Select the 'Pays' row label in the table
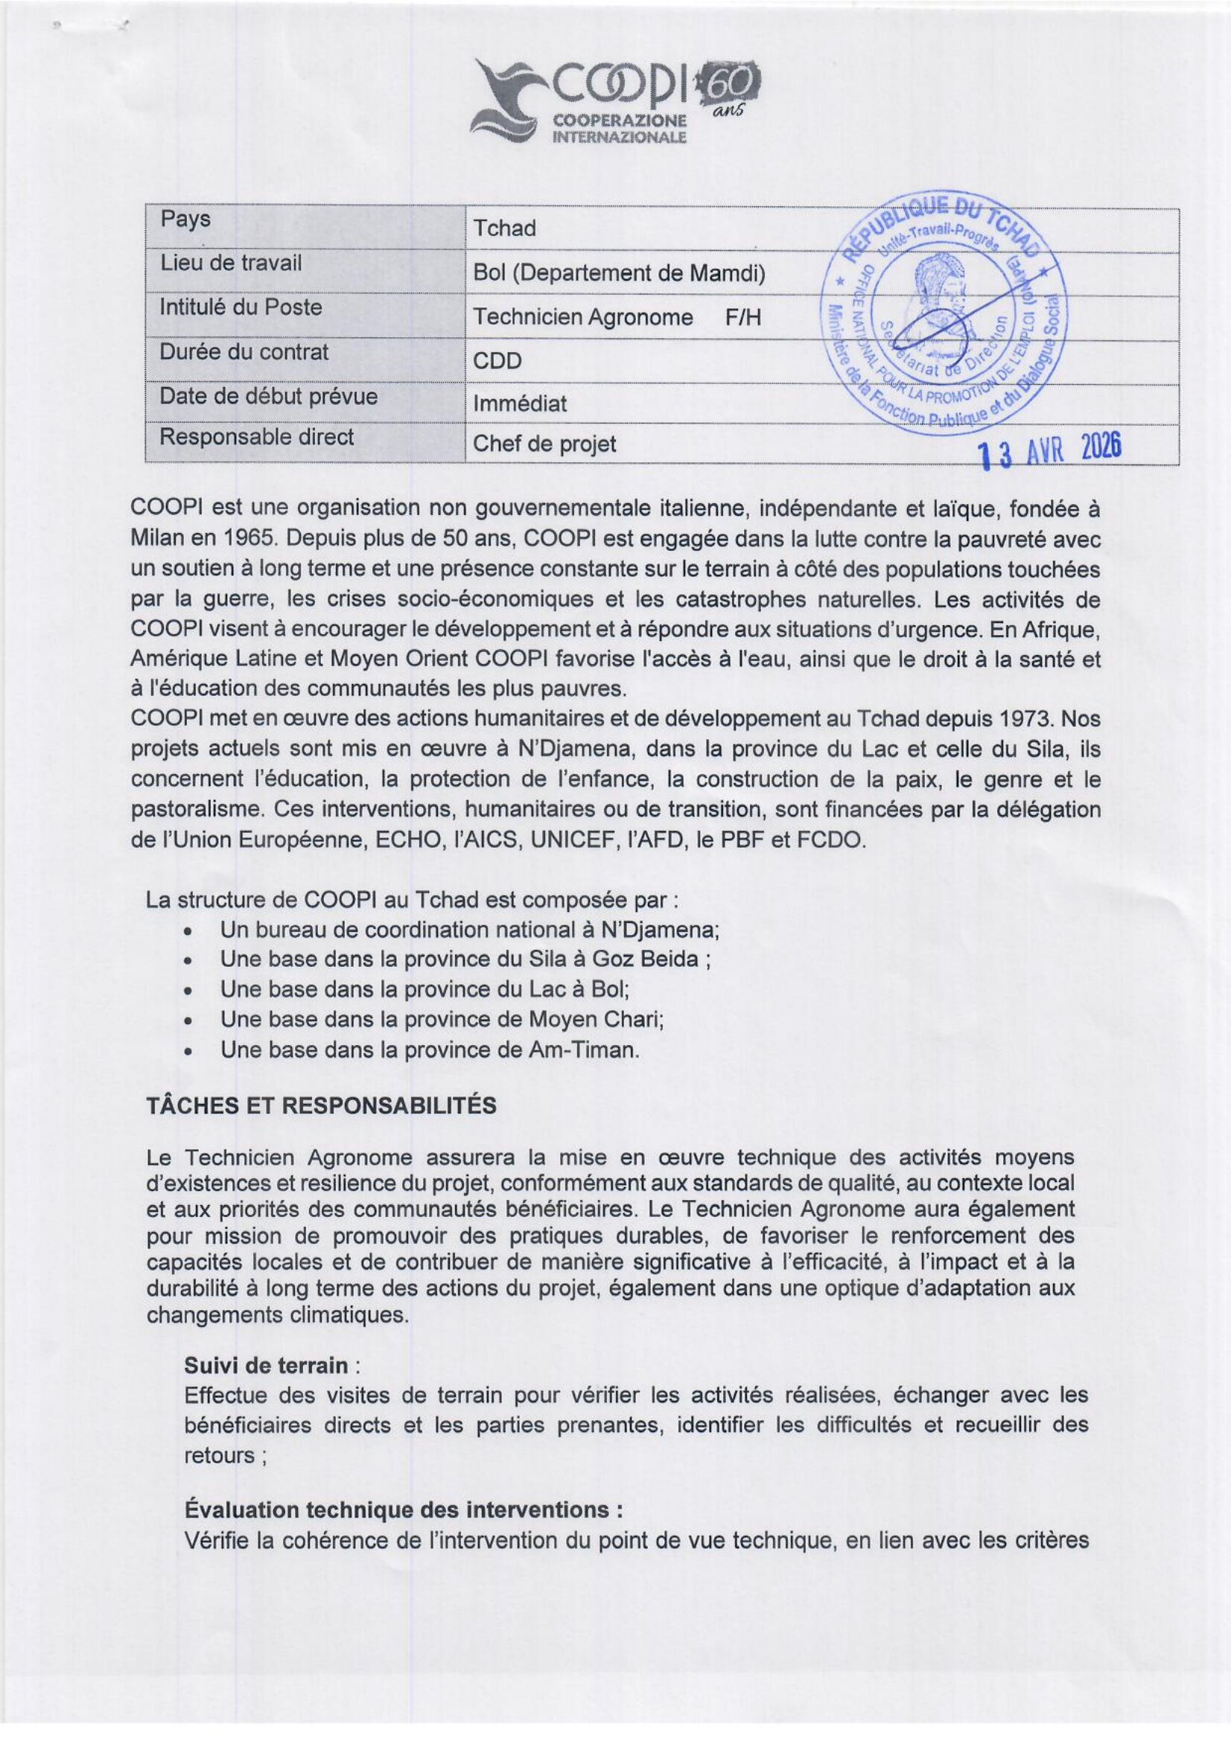[x=185, y=220]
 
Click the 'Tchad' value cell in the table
[x=504, y=229]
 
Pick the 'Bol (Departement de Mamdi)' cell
[x=619, y=273]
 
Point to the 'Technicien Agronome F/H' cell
[x=617, y=317]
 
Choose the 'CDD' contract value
[x=497, y=360]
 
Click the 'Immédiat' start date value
[x=520, y=403]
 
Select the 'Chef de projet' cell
[x=544, y=444]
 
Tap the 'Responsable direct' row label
[x=256, y=437]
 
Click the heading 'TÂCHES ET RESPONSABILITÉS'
[x=322, y=1105]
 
